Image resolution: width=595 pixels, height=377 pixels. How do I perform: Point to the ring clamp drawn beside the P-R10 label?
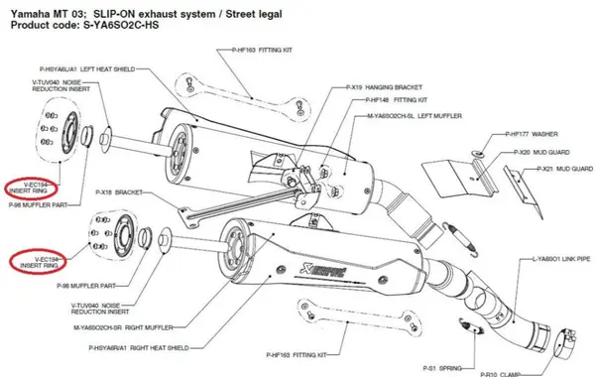[565, 348]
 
